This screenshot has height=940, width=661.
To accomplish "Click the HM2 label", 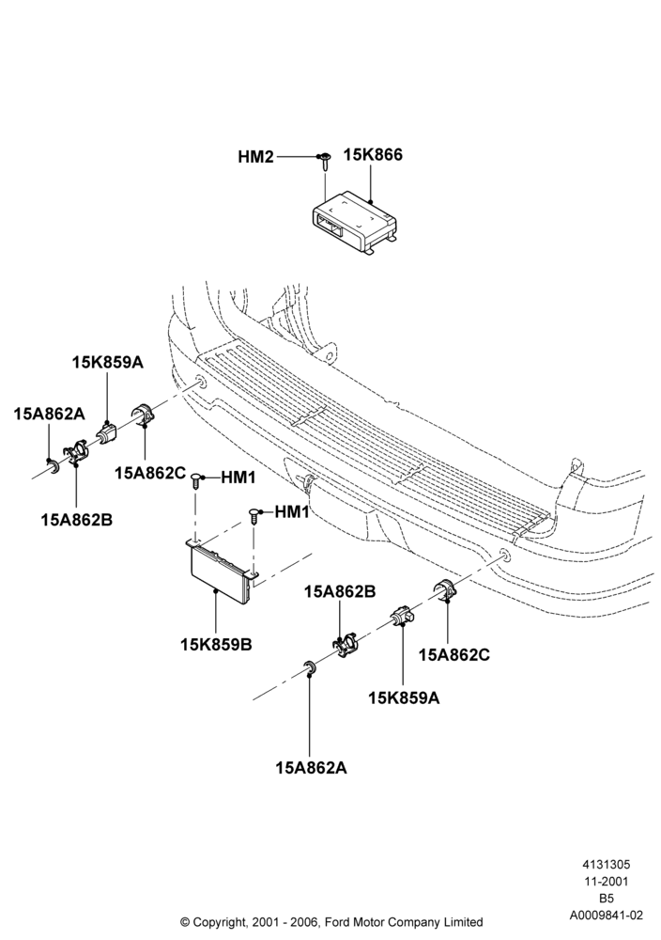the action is click(x=255, y=157).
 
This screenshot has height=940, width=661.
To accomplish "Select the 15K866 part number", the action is click(x=373, y=155).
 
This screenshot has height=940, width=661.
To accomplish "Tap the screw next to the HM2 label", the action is click(x=324, y=162).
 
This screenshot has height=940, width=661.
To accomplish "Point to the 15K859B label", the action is click(x=216, y=645).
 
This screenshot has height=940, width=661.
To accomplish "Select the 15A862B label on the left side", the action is click(x=77, y=519).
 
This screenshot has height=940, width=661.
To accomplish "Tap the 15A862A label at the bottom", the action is click(x=311, y=767).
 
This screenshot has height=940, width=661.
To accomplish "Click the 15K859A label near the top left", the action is click(x=108, y=362).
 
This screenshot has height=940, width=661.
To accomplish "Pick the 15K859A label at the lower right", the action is click(x=404, y=697).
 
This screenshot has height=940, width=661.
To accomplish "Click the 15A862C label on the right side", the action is click(x=453, y=654).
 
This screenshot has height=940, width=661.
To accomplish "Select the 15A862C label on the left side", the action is click(x=150, y=473).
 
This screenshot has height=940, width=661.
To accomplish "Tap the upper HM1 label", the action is click(x=238, y=478).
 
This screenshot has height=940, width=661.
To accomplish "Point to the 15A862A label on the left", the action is click(x=49, y=414).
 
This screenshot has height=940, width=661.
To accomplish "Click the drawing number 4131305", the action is click(x=606, y=865).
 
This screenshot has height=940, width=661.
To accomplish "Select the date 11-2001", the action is click(x=606, y=882).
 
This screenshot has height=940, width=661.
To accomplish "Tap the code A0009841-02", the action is click(x=606, y=916).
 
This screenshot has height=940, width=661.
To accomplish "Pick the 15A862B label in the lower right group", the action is click(x=340, y=591).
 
